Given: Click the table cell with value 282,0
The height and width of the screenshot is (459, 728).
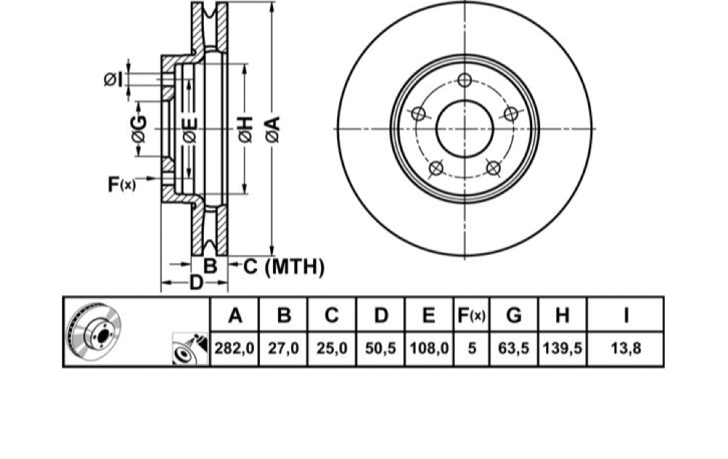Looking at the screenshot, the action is tap(234, 348).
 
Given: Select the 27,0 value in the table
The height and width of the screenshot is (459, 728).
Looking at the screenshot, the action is tap(283, 348).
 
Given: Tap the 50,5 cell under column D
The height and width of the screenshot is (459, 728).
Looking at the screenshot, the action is tap(380, 348).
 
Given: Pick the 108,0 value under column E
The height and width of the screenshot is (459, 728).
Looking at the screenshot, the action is tap(429, 348).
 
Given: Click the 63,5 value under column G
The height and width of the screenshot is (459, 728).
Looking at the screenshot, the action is tap(513, 348).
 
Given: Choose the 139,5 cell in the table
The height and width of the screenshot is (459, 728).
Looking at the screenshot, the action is tap(562, 348).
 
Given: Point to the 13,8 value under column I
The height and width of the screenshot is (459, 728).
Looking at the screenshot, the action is tap(626, 348).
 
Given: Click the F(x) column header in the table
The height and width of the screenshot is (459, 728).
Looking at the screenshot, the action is tap(471, 315).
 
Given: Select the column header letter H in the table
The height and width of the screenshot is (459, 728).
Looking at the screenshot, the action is tap(562, 315).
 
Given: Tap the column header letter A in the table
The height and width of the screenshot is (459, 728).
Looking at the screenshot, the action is tap(235, 315).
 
